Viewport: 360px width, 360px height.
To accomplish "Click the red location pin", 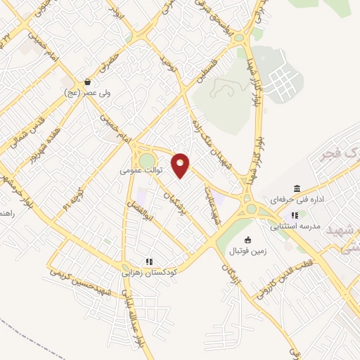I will (181, 165).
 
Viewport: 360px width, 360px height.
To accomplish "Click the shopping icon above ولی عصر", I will (86, 82).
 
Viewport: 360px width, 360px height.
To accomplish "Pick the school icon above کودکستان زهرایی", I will (148, 260).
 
